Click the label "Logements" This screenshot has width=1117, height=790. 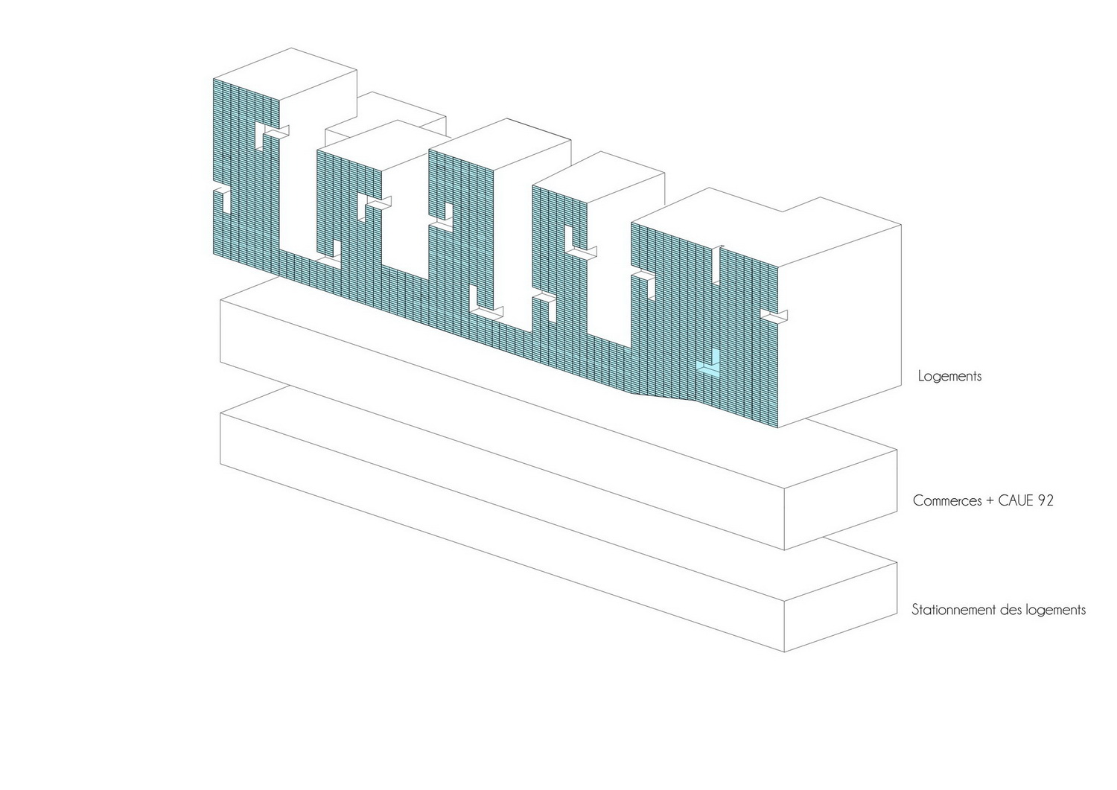[x=949, y=376]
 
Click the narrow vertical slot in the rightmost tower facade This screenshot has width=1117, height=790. [x=716, y=265]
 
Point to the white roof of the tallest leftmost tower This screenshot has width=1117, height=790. [x=285, y=73]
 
